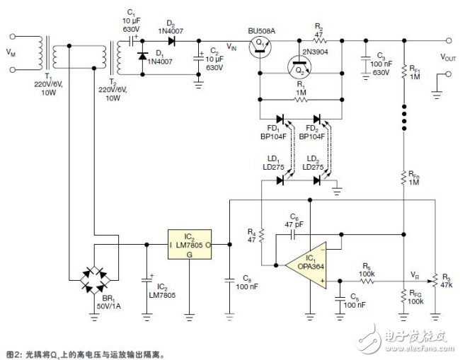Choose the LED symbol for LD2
(316, 180)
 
